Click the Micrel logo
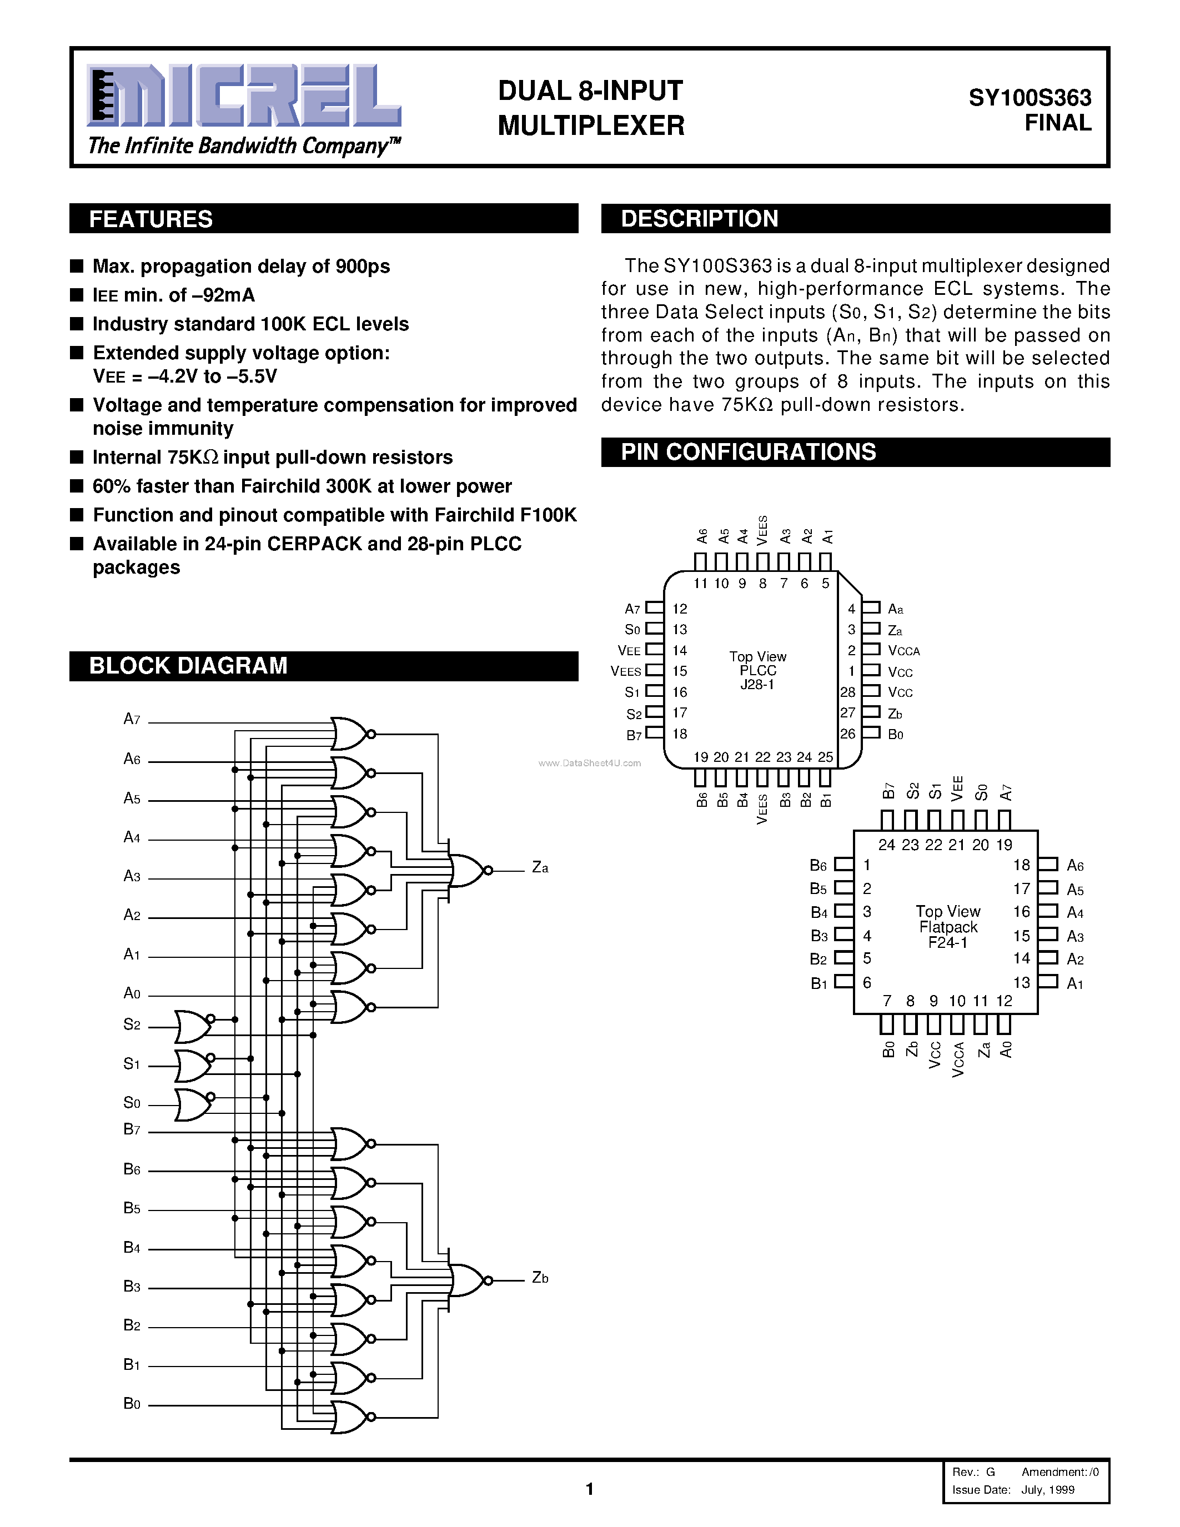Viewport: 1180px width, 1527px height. [x=244, y=96]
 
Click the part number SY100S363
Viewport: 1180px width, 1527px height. [x=1029, y=97]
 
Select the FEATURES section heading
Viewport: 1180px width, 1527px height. [x=151, y=219]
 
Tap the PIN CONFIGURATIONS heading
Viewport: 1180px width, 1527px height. [x=748, y=451]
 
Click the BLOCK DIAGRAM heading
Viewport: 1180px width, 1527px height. [x=188, y=665]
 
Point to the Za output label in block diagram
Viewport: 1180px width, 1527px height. [x=540, y=868]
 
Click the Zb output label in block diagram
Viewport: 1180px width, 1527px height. [x=540, y=1277]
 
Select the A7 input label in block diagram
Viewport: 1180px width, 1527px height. [x=132, y=719]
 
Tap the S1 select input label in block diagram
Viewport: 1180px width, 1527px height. [x=132, y=1063]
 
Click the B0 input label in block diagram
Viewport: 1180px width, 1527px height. [x=132, y=1403]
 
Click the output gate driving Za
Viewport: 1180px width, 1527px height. [x=468, y=870]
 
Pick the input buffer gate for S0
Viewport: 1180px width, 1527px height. [x=193, y=1104]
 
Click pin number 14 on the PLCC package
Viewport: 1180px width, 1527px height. [x=680, y=650]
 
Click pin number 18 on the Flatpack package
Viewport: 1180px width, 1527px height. [x=1021, y=865]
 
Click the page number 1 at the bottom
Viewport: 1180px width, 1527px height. [x=589, y=1489]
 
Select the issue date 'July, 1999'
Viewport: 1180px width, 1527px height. [x=1047, y=1489]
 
